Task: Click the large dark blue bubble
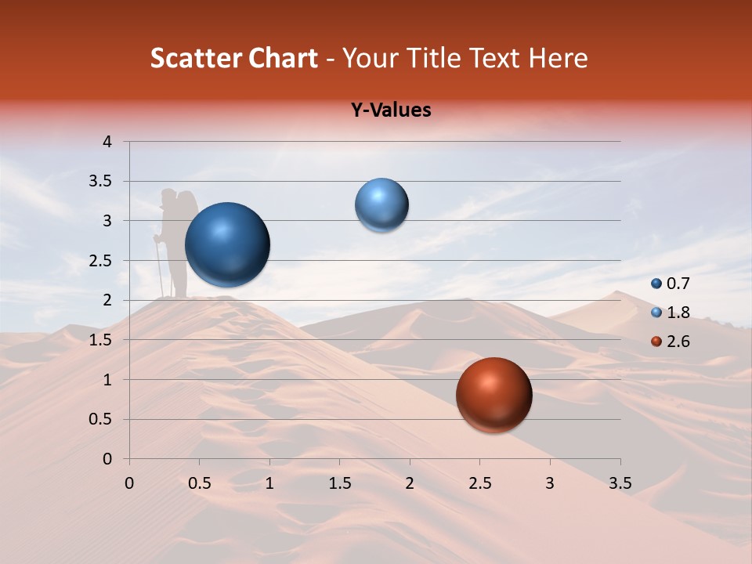(x=228, y=244)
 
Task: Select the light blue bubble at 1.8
(x=381, y=205)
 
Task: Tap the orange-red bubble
(x=493, y=395)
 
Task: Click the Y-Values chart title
(x=391, y=110)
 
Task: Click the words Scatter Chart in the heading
(x=234, y=58)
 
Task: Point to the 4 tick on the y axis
(x=108, y=142)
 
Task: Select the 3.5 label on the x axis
(x=620, y=483)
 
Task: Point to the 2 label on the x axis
(x=410, y=483)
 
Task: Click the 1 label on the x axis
(x=269, y=483)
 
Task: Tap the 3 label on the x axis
(x=550, y=483)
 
